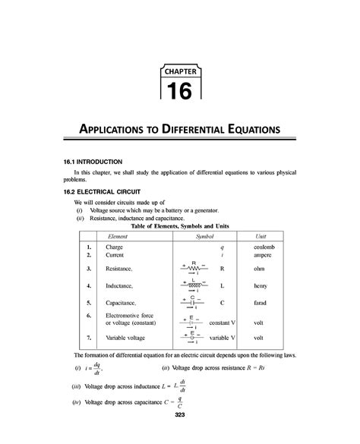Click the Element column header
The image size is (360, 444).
pyautogui.click(x=116, y=237)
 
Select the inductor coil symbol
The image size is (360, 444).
pyautogui.click(x=194, y=285)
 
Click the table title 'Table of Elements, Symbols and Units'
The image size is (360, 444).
pyautogui.click(x=180, y=226)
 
